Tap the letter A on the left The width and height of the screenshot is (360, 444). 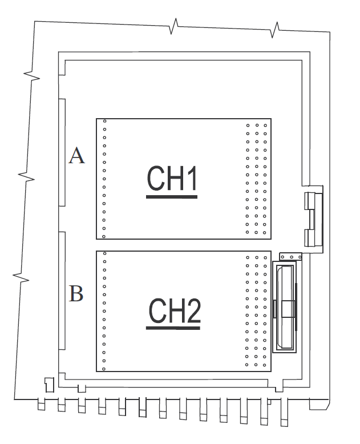pyautogui.click(x=77, y=155)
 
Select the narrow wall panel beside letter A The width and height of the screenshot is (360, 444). pyautogui.click(x=60, y=152)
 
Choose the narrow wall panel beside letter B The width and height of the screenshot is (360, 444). pyautogui.click(x=60, y=291)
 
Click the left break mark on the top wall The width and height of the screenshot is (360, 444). pyautogui.click(x=175, y=26)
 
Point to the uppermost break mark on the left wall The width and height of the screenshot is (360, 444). pyautogui.click(x=31, y=75)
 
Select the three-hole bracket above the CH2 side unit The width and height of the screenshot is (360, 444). pyautogui.click(x=290, y=258)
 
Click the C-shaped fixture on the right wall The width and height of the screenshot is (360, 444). pyautogui.click(x=313, y=218)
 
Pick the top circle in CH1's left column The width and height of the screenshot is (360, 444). pyautogui.click(x=104, y=121)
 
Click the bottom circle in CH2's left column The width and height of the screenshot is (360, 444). pyautogui.click(x=104, y=368)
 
